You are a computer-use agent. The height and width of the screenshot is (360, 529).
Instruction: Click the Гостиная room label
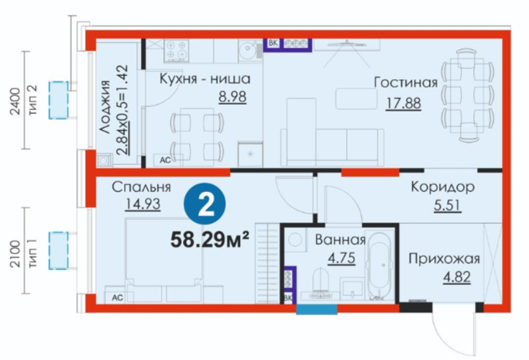click(x=406, y=83)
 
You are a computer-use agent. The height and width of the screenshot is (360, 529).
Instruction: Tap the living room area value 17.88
click(x=404, y=103)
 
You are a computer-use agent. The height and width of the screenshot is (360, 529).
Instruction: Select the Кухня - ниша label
click(x=204, y=79)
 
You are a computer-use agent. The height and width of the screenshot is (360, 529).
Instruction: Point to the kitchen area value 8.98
click(x=232, y=97)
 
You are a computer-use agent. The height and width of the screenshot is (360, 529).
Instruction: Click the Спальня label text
click(x=142, y=187)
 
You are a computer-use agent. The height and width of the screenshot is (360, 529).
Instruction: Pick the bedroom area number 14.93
click(x=143, y=204)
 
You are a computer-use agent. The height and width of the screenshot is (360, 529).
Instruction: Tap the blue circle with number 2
click(x=204, y=204)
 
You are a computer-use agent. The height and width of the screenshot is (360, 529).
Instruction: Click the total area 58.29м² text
click(x=210, y=240)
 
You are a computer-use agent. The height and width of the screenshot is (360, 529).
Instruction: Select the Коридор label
click(x=442, y=187)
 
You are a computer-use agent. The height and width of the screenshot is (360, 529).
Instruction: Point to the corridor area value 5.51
click(x=448, y=205)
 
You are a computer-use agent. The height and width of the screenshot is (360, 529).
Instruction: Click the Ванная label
click(x=340, y=240)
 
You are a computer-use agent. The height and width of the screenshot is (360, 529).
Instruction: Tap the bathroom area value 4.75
click(x=342, y=259)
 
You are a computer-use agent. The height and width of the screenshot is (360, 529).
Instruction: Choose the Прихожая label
click(x=444, y=259)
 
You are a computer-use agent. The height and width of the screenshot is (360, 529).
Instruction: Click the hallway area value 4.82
click(x=457, y=277)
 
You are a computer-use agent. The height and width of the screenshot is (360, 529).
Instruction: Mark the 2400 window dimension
click(x=15, y=101)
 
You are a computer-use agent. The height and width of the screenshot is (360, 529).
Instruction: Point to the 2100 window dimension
click(x=15, y=254)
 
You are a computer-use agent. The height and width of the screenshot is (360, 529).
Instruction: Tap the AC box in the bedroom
click(x=117, y=297)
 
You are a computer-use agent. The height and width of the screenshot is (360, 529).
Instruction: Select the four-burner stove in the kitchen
click(x=176, y=50)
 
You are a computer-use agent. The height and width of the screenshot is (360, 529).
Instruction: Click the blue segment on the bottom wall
click(x=317, y=310)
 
